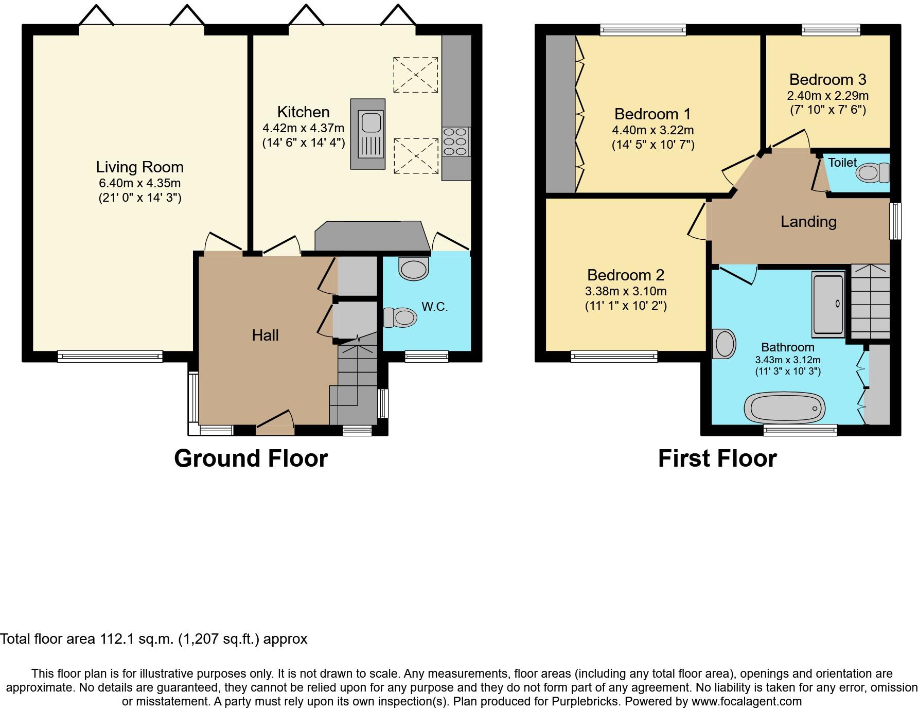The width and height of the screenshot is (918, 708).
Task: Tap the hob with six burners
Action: (456, 141)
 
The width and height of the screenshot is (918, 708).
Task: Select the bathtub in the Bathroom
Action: (784, 409)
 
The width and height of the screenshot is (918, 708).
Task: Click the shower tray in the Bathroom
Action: (828, 304)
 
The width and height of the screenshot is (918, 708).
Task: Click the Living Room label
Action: (139, 167)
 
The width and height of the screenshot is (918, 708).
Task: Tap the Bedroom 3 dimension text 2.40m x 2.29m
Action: (827, 96)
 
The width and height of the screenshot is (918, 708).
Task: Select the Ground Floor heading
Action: (251, 458)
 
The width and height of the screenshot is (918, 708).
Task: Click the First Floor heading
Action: (717, 458)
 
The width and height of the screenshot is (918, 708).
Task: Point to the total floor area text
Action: (154, 639)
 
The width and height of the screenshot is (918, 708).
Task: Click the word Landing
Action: (808, 222)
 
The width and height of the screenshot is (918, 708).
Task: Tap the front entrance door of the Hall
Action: (275, 421)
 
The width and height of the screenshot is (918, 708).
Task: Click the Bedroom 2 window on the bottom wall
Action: (614, 356)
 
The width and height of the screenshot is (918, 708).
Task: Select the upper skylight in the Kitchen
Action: (415, 75)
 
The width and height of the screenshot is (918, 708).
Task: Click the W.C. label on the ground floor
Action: (435, 307)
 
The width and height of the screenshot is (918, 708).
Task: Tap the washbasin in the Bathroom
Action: (725, 344)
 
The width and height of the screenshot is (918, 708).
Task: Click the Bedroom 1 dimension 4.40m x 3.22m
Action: (652, 130)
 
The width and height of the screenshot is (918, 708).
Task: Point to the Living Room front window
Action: (110, 356)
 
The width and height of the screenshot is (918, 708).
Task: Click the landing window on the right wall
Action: (896, 221)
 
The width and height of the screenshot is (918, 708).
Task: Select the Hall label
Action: (265, 335)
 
